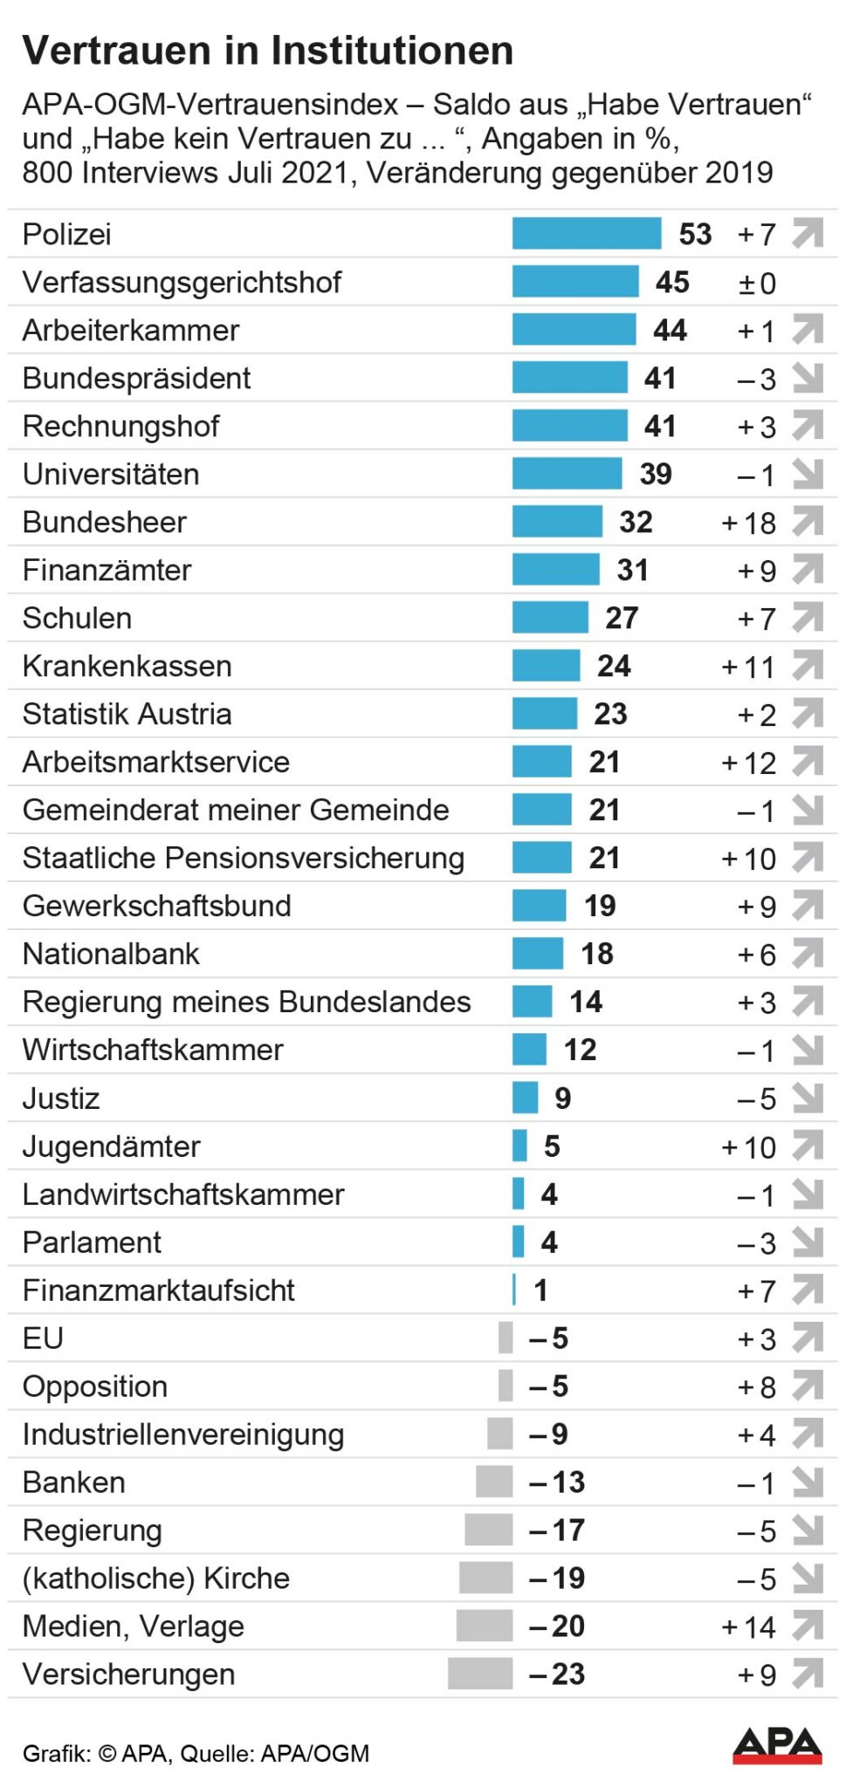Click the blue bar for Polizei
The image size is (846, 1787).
tap(586, 234)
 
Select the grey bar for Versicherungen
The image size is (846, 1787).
tap(479, 1674)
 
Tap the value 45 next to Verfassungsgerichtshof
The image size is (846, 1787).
tap(672, 282)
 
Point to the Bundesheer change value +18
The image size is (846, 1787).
tap(748, 523)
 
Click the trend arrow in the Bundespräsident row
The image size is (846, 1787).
tap(808, 378)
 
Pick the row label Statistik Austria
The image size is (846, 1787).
tap(127, 714)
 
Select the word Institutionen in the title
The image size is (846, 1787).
tap(392, 51)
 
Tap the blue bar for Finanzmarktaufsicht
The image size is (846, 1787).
tap(514, 1290)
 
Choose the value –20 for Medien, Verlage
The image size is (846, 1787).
tap(556, 1626)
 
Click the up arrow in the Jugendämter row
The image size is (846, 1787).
tap(808, 1146)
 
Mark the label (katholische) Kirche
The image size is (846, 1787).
tap(155, 1578)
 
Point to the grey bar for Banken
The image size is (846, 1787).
tap(494, 1482)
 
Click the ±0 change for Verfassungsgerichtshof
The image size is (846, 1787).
tap(756, 283)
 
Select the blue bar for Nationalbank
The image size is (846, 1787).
tap(537, 954)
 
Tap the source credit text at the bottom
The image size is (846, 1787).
tap(196, 1753)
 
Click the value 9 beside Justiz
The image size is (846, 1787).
tap(562, 1098)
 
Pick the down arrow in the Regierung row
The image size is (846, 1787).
tap(808, 1530)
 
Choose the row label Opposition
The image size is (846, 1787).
tap(94, 1386)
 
